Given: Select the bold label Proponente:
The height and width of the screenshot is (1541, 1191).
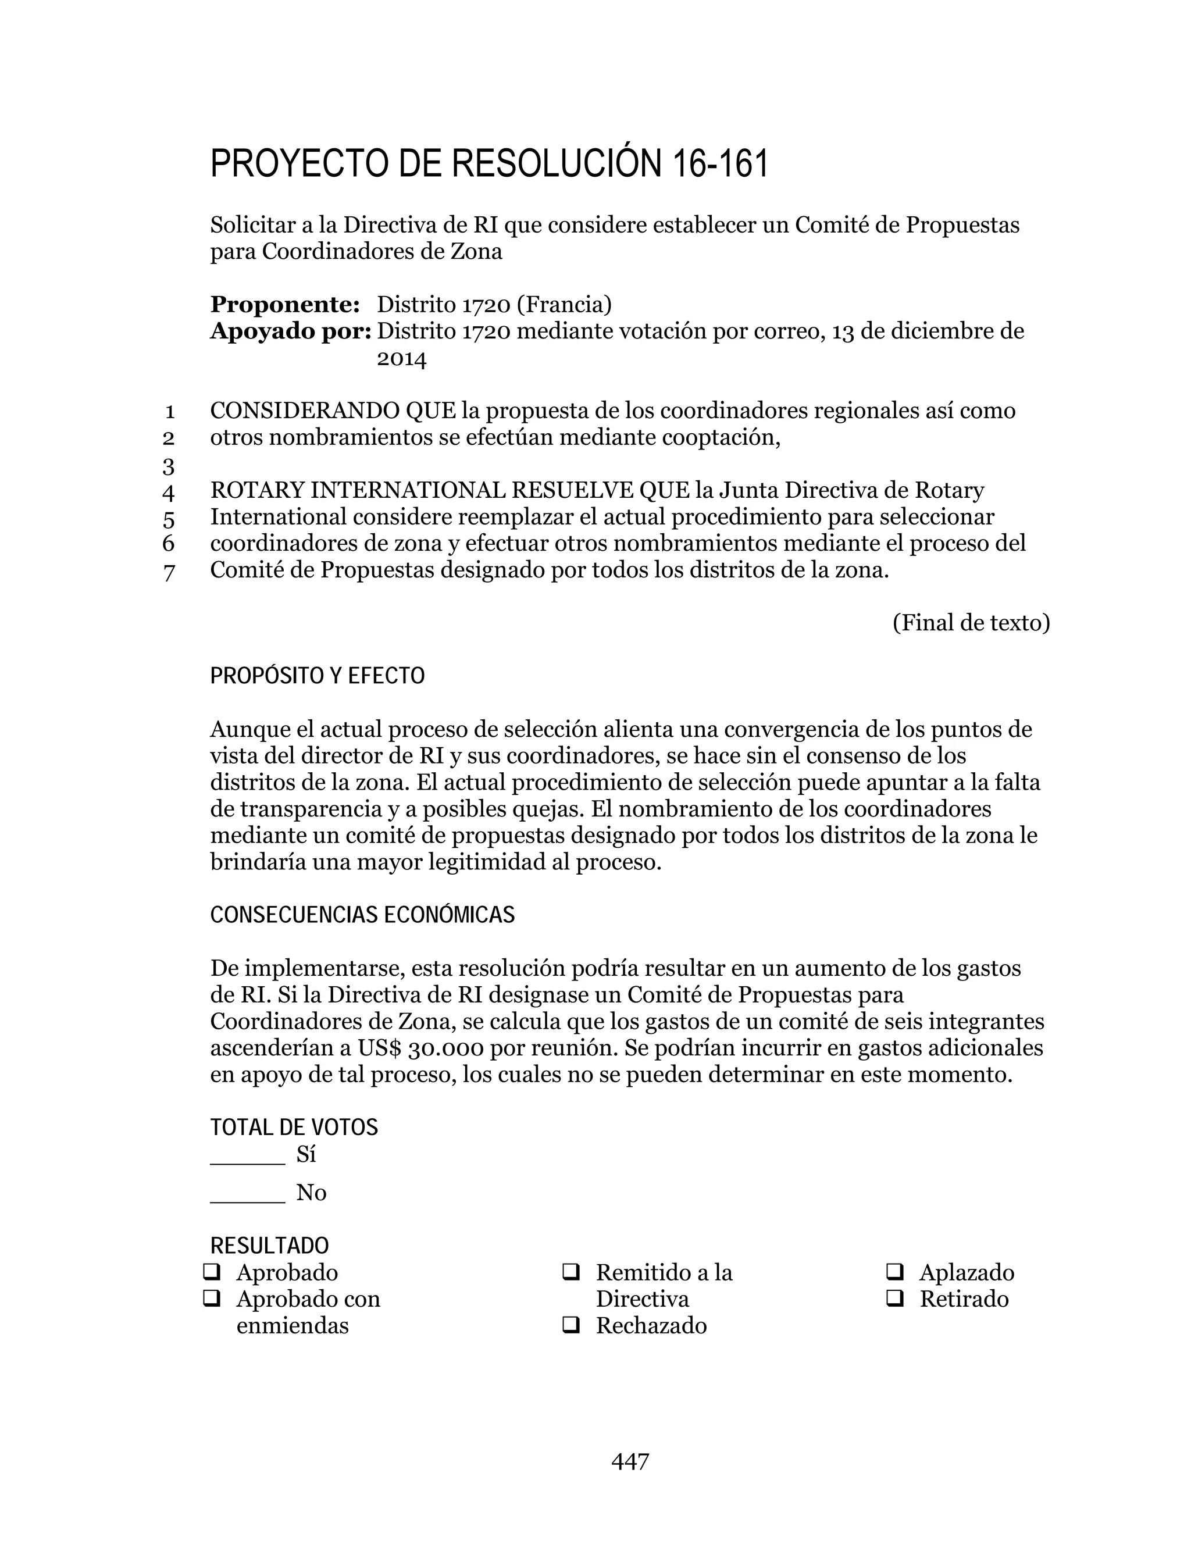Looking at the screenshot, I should [285, 305].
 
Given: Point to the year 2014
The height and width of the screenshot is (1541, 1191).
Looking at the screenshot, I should [401, 359].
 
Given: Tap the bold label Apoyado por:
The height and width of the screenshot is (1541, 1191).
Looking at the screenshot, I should [291, 331].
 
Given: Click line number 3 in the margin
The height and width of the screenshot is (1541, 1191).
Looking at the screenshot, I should [169, 466].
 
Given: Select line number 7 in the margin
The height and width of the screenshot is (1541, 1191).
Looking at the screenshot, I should [169, 572].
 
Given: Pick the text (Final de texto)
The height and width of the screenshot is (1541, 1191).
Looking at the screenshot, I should [971, 623].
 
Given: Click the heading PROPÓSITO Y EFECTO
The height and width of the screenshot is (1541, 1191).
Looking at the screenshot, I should [318, 676].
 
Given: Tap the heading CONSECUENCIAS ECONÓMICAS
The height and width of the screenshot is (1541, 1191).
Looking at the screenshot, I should [363, 915].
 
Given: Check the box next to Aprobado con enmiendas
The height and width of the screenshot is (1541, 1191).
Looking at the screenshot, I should [212, 1299].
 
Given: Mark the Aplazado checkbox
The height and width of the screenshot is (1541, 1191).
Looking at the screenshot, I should [894, 1271].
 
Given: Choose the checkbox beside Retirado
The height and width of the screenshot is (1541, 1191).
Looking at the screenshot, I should [894, 1299].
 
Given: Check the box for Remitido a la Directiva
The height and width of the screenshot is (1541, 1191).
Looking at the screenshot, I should [571, 1271].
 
